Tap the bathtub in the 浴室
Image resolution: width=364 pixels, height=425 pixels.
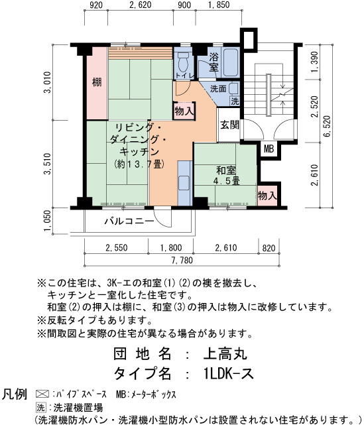pos(231,62)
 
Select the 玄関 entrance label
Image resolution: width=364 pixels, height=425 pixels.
pos(229,125)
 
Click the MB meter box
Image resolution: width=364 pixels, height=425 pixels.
pos(269,149)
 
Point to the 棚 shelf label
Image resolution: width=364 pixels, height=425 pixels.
pos(97,82)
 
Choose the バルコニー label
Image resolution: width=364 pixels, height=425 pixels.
pos(129,221)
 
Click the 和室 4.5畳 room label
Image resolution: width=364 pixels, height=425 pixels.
pos(226,176)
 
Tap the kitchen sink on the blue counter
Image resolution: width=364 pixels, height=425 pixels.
pos(184,182)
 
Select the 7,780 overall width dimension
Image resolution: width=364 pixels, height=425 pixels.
pos(182,260)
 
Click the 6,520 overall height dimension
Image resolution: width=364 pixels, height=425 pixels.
pos(327,126)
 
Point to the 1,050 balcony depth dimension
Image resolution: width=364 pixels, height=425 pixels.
pos(47,221)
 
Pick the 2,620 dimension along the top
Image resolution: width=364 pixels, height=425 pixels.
pos(140,5)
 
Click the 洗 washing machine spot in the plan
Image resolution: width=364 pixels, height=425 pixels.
pos(235,101)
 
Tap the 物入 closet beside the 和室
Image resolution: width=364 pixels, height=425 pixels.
pos(267,196)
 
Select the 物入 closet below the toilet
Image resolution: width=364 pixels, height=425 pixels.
pos(184,111)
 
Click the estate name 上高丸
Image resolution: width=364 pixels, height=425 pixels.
pos(225,353)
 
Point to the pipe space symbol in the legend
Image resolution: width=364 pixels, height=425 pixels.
pos(42,394)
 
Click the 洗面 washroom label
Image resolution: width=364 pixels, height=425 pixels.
pos(218,88)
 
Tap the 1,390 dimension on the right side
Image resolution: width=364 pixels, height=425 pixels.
pos(314,62)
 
